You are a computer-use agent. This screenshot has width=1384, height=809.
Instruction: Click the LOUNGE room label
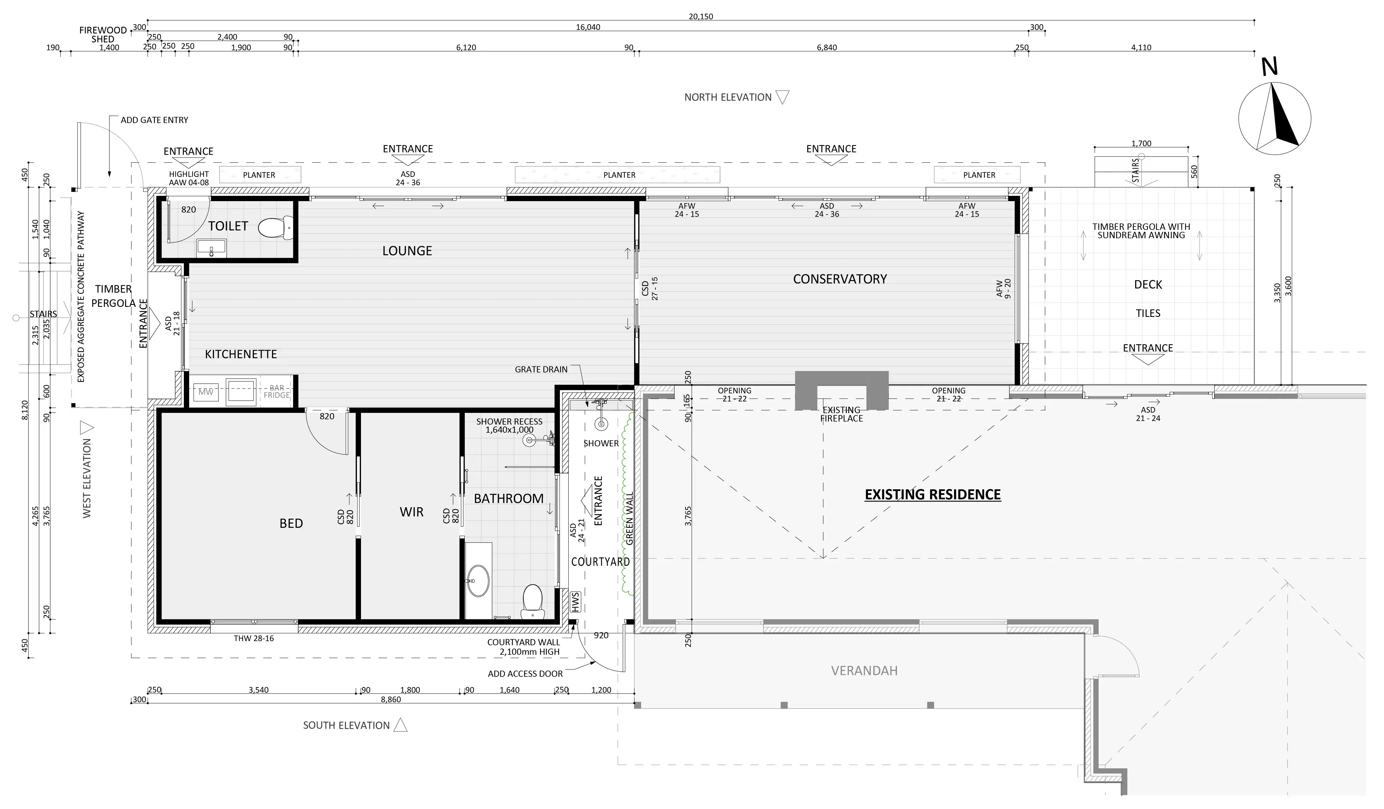[407, 251]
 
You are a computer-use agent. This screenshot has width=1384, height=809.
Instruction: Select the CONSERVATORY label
[840, 279]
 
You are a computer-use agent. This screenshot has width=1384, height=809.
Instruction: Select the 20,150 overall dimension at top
[701, 16]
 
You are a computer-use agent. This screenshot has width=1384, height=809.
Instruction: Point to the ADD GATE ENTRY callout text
[154, 120]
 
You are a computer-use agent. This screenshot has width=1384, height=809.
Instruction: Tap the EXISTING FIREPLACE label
[841, 414]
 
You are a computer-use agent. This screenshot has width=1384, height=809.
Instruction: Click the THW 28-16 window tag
[254, 638]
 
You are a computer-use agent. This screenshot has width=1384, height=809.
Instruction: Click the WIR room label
[411, 512]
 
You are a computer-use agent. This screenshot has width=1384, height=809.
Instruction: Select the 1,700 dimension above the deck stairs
[1141, 143]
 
